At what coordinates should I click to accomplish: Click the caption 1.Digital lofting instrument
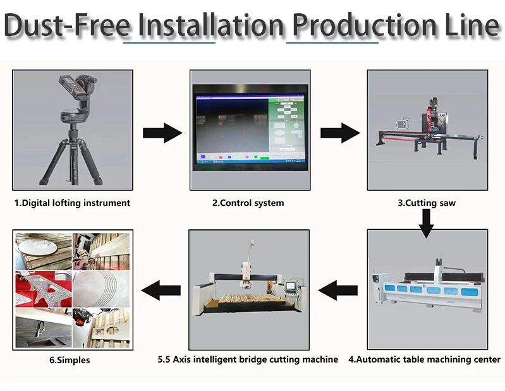72,203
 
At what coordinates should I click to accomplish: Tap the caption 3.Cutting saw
427,203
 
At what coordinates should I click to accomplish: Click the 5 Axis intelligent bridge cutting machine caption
248,359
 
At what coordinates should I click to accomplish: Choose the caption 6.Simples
70,360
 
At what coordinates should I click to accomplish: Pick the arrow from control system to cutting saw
339,133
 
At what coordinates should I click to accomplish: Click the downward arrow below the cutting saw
427,222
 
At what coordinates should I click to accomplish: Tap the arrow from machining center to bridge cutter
338,291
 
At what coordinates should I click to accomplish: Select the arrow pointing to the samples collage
160,291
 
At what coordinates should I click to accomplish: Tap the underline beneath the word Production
332,43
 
